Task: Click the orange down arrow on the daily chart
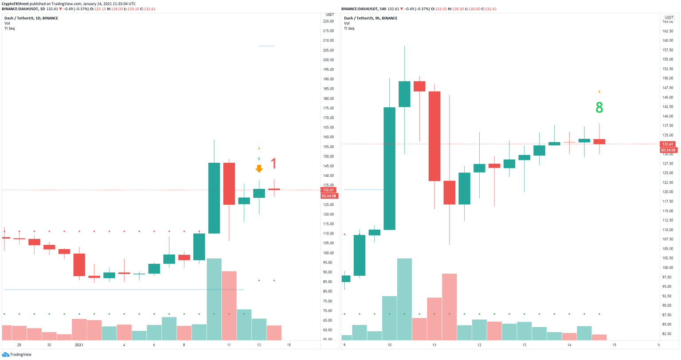(x=259, y=169)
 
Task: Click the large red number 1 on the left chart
(x=274, y=164)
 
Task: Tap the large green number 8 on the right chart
(x=599, y=108)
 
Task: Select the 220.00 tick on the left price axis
(x=328, y=21)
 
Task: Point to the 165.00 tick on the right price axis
(x=668, y=21)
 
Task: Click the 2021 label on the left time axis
(x=79, y=345)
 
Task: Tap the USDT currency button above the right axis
(x=669, y=17)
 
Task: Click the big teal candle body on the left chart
(x=214, y=198)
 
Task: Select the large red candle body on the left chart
(x=229, y=184)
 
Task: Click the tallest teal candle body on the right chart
(x=389, y=168)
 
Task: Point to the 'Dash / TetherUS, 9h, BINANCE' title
(x=370, y=18)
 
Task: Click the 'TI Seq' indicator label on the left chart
(x=9, y=28)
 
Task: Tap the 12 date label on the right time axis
(x=479, y=345)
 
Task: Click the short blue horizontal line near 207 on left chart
(x=266, y=46)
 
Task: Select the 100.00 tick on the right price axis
(x=668, y=267)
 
